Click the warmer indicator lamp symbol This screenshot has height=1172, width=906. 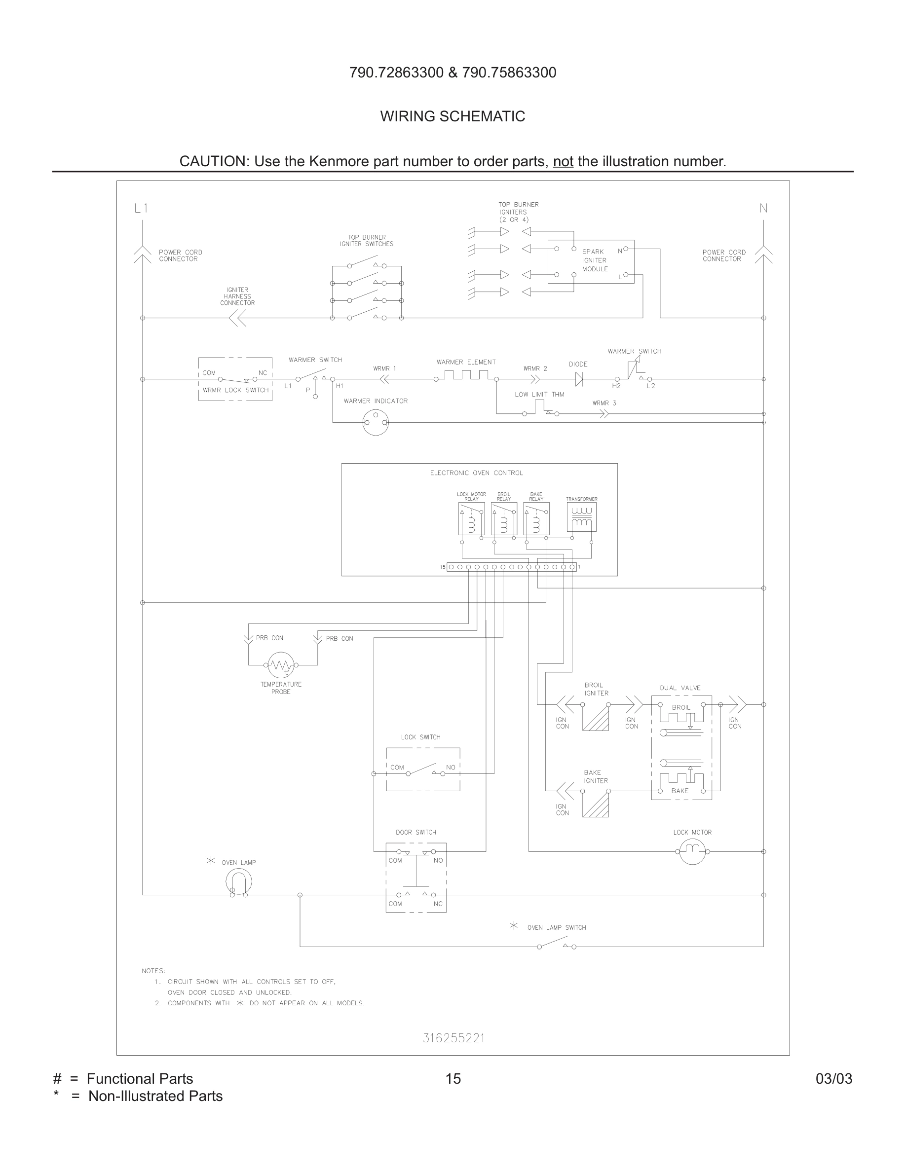point(375,422)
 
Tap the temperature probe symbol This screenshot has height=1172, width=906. point(281,665)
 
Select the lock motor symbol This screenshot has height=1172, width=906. point(692,851)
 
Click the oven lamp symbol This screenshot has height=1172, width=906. point(238,880)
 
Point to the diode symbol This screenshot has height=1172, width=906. point(579,379)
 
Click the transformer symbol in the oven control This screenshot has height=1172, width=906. point(581,517)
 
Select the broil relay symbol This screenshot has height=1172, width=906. point(503,518)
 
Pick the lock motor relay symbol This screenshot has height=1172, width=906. point(471,518)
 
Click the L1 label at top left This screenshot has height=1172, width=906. point(141,208)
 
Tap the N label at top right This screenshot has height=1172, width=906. point(763,208)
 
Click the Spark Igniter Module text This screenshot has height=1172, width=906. point(595,260)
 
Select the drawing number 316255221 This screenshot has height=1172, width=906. point(453,1038)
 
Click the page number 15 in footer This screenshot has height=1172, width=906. point(453,1079)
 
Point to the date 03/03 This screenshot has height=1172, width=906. point(833,1079)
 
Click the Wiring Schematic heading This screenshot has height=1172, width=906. point(453,116)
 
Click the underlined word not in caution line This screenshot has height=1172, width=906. point(563,161)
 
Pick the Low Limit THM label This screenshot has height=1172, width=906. point(539,395)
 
